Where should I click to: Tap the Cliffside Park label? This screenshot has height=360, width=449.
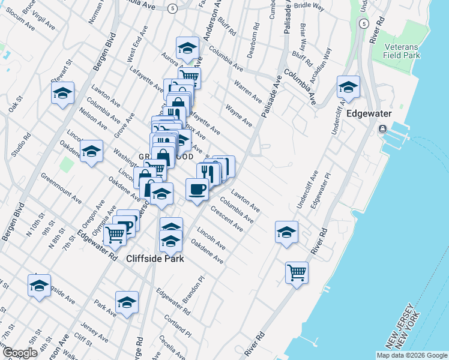155,259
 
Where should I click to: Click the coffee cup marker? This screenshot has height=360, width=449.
197,190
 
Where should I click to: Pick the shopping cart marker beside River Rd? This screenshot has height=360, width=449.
297,272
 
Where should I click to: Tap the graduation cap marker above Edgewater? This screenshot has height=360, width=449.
348,88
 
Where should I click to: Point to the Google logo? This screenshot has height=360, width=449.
19,352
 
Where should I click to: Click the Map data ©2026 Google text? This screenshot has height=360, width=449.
411,355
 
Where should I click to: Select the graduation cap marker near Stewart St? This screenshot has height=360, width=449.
62,94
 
